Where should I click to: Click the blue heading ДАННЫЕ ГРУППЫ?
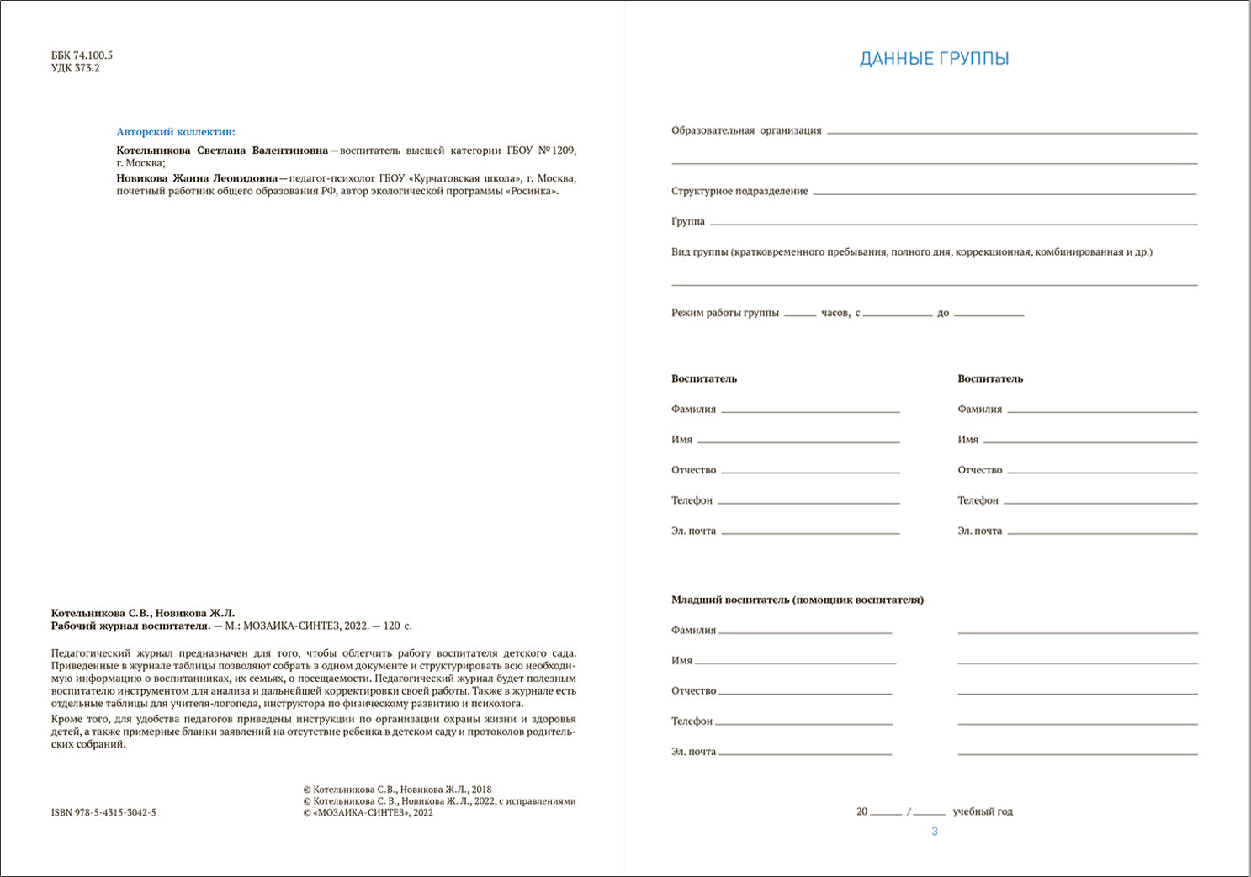point(934,59)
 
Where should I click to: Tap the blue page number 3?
point(934,831)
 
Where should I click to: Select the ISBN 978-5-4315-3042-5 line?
point(103,812)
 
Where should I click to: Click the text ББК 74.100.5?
point(82,55)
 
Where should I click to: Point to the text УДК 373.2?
point(76,68)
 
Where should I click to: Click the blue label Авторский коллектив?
point(176,132)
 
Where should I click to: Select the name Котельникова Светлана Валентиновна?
point(222,151)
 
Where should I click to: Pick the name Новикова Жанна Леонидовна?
point(197,178)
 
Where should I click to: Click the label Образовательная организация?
point(746,130)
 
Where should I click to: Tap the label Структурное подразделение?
point(739,191)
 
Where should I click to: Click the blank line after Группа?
point(953,223)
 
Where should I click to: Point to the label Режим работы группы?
point(725,313)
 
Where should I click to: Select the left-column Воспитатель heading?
point(704,378)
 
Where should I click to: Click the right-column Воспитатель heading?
point(990,378)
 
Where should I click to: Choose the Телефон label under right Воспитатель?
point(978,500)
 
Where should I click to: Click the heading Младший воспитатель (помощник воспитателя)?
point(797,600)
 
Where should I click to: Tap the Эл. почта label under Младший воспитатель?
point(693,752)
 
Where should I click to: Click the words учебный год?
point(982,811)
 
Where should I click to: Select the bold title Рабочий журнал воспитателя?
point(130,626)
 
